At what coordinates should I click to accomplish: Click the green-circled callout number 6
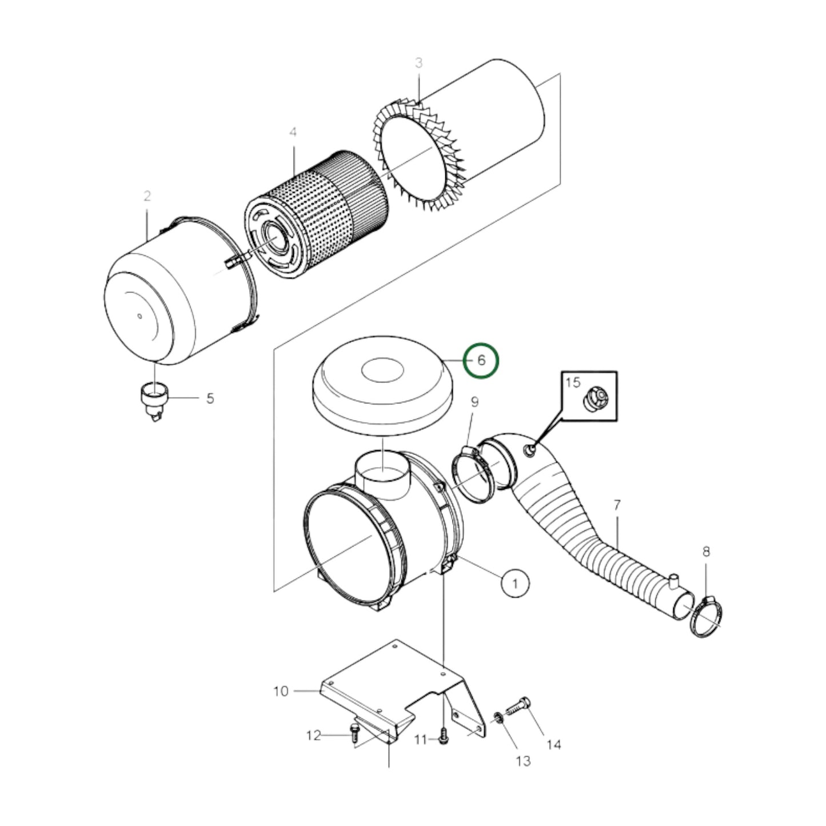481,361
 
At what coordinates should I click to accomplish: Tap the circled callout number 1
515,583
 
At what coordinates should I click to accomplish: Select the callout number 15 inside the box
573,382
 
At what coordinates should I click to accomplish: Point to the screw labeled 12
353,730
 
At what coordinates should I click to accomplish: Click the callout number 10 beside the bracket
281,691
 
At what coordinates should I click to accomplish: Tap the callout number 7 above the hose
617,505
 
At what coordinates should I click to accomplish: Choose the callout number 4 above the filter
293,133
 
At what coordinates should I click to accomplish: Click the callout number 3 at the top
418,63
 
